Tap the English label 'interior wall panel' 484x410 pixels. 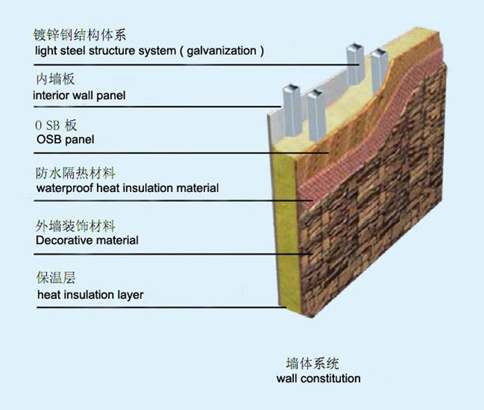[x=80, y=95]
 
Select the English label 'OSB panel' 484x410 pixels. [x=64, y=140]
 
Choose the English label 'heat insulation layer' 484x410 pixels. [x=89, y=295]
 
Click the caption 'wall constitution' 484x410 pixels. [x=318, y=378]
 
